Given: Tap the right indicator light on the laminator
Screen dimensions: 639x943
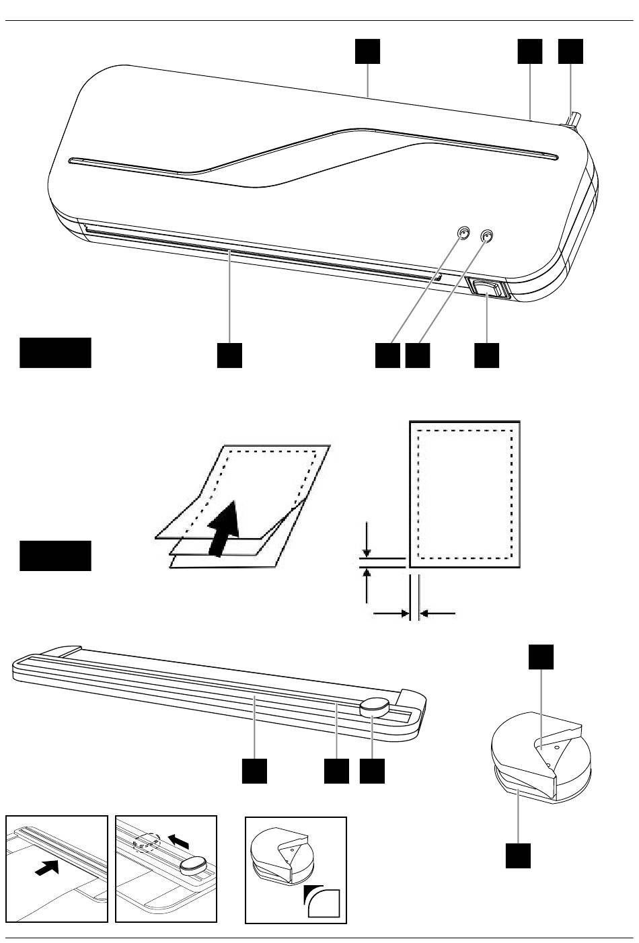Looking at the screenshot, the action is pos(488,236).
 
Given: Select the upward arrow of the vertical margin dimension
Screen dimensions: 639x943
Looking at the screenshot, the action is pos(367,584).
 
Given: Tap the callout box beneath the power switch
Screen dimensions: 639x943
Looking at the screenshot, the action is pos(486,356).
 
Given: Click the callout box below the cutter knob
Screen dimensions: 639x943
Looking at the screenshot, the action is pos(372,771).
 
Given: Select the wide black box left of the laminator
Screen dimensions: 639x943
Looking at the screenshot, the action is pos(55,352).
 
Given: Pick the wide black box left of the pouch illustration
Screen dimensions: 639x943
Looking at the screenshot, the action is pos(55,556).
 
